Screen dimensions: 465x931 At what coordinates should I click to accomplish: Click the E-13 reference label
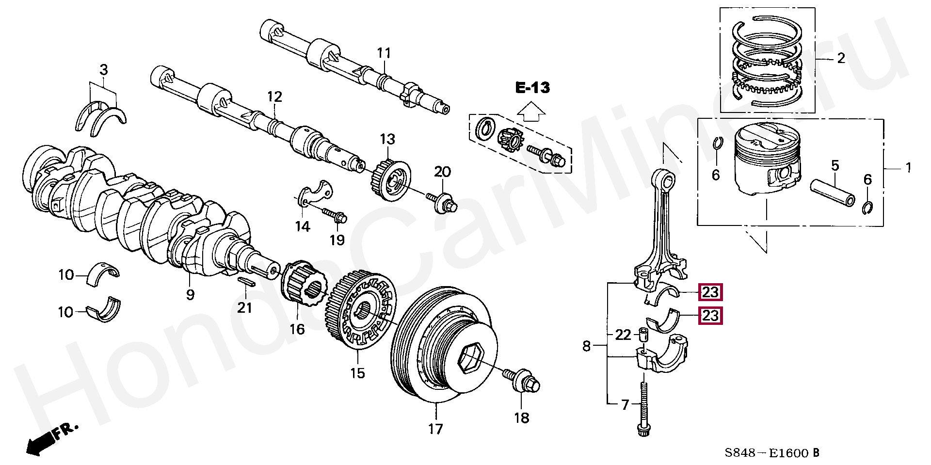pyautogui.click(x=532, y=88)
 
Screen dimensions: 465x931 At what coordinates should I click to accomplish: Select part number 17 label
pyautogui.click(x=435, y=429)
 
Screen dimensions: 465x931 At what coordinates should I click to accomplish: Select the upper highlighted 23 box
pyautogui.click(x=710, y=292)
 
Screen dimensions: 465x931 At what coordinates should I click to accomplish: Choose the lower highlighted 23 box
pyautogui.click(x=710, y=316)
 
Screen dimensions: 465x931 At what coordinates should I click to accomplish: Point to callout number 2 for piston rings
pyautogui.click(x=841, y=58)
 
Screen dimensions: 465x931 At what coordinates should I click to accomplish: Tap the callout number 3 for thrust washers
pyautogui.click(x=103, y=70)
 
